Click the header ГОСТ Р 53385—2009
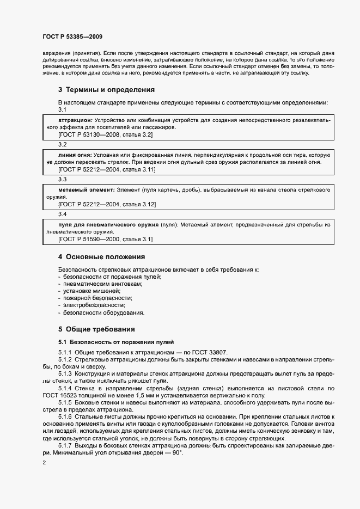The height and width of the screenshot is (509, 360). click(x=73, y=36)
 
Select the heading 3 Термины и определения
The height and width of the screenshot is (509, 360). click(x=106, y=90)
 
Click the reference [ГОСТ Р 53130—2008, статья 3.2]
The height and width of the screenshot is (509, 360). click(x=105, y=134)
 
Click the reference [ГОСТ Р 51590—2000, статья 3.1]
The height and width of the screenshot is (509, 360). click(x=105, y=239)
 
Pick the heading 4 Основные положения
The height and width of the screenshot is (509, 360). click(x=101, y=256)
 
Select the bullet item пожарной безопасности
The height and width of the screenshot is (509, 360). click(x=97, y=298)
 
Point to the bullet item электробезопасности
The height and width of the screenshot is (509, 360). click(x=90, y=305)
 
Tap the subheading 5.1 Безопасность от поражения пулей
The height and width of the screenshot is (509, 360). click(x=115, y=342)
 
